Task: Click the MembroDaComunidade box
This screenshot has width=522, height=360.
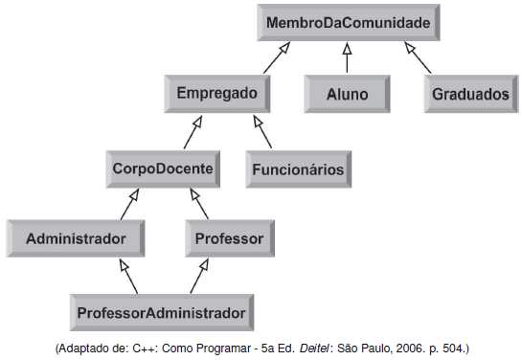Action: tap(348, 20)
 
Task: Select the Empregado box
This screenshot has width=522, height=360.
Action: tap(216, 94)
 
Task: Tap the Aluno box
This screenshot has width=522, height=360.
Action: tap(346, 95)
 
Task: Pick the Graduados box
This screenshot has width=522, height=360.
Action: tap(469, 95)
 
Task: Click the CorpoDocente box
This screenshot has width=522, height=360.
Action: tap(162, 169)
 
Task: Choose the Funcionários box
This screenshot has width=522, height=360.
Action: tap(297, 170)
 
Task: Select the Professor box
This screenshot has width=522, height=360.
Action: tap(228, 236)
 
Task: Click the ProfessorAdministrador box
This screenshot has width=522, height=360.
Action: tap(160, 311)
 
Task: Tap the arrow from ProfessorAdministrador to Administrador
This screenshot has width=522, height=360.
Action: tap(127, 275)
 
